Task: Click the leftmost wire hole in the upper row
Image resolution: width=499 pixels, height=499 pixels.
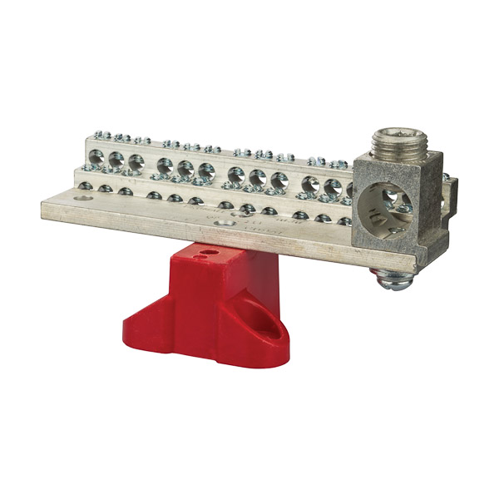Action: (96, 156)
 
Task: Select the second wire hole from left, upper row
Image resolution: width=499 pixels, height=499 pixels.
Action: (116, 159)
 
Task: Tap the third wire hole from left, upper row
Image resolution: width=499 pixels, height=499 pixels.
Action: (136, 161)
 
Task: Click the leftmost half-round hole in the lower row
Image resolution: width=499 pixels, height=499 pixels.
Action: (86, 186)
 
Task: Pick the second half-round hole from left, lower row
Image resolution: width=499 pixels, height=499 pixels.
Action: (106, 189)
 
